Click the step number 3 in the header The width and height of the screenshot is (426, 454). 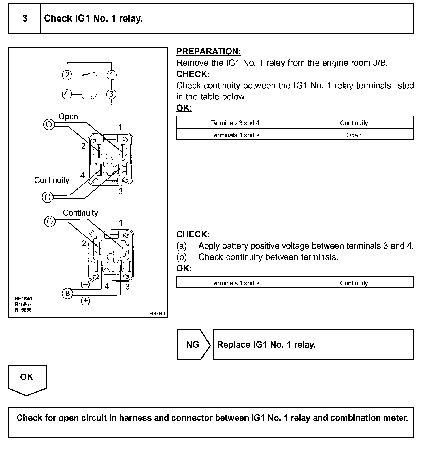pos(25,19)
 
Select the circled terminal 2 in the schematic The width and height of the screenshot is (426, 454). pos(67,75)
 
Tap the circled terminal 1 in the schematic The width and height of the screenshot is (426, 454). pos(112,75)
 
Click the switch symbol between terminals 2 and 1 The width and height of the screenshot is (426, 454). pos(90,74)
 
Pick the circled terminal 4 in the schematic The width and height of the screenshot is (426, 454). pos(67,94)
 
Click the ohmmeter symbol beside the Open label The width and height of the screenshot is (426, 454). pos(49,124)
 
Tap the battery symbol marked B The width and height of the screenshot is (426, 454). pos(67,293)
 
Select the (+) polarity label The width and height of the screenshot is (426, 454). pos(85,300)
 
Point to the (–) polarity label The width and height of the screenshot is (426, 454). pos(85,284)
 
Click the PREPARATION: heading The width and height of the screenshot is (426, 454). pos(209,52)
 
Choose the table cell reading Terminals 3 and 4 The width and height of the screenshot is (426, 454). pos(235,123)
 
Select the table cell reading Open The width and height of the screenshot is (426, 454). pos(354,135)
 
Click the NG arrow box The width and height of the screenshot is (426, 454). pos(193,345)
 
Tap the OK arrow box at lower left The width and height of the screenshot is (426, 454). pos(27,378)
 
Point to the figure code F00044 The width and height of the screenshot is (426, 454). pos(157,314)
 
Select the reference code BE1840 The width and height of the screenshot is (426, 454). pos(24,299)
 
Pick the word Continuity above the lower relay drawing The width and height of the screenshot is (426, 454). pos(80,213)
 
